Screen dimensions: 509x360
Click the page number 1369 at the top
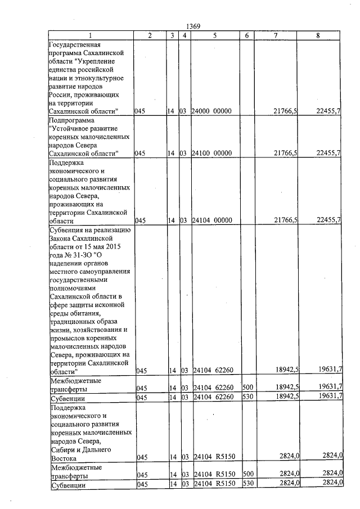coord(192,26)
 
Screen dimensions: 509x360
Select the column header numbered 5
coord(214,35)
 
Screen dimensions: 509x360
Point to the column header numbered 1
coord(89,35)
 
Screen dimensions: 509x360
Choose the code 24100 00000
coord(211,153)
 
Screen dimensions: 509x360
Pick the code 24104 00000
coord(211,220)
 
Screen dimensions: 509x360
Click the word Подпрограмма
coord(73,120)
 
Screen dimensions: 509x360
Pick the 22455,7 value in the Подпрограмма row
coord(328,153)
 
